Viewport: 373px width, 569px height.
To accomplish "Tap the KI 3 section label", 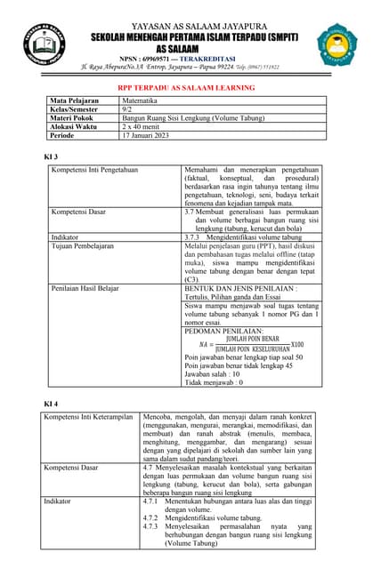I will point(51,156).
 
